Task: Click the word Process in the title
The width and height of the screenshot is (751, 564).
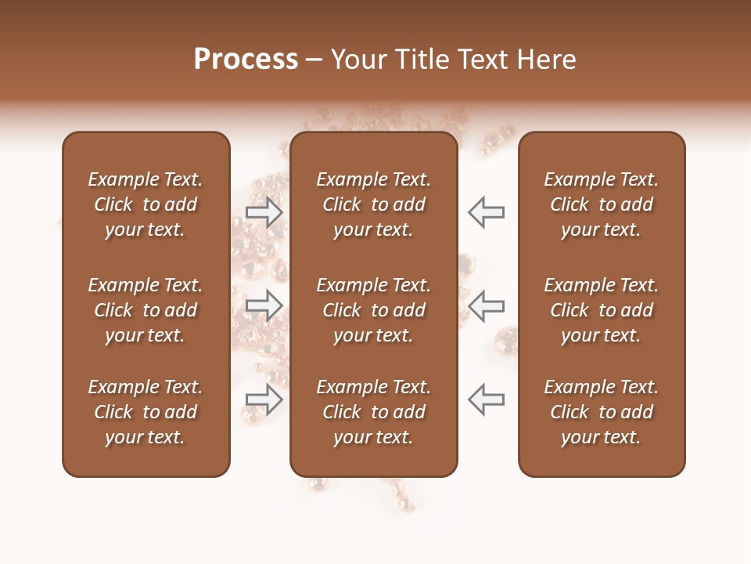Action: point(246,60)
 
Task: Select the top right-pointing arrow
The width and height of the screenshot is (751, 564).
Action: point(264,211)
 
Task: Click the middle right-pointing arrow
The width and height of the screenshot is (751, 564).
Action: point(264,305)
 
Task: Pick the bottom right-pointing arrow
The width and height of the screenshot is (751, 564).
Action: point(264,399)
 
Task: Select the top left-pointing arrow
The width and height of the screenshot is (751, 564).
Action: point(486,211)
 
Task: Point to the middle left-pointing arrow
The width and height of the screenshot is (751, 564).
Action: point(486,305)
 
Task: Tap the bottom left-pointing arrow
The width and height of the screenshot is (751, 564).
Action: point(486,399)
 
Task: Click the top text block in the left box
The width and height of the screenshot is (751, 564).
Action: point(146,204)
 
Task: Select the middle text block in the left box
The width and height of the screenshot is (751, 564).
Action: point(146,310)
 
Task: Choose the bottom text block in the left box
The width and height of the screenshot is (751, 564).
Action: point(146,412)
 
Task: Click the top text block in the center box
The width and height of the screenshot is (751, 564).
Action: point(374,204)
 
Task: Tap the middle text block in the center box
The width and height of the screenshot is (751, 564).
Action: point(374,310)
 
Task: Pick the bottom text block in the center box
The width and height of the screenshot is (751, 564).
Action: point(374,412)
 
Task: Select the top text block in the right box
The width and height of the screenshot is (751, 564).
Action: point(602,204)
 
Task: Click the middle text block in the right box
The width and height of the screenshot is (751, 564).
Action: point(602,310)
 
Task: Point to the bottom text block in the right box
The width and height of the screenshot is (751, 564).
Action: point(602,412)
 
